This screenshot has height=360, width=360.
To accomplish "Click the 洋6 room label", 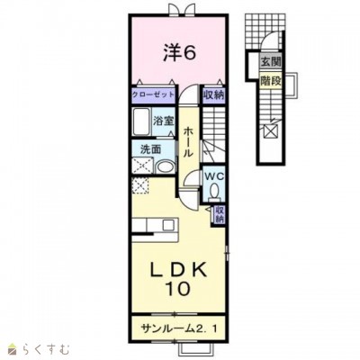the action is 180,53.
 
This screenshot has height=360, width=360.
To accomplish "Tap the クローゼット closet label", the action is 154,94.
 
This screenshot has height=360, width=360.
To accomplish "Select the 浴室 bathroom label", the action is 163,121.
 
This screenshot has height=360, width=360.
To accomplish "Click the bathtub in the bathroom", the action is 141,121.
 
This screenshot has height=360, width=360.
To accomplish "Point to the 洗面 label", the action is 151,149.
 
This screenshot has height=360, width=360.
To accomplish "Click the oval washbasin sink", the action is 166,167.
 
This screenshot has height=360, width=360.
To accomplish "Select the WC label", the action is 214,176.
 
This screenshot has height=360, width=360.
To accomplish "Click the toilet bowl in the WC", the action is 214,192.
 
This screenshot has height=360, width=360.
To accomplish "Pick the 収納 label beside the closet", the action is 214,95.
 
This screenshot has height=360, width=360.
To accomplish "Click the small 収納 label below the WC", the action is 220,214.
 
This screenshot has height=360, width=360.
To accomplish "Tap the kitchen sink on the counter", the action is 168,225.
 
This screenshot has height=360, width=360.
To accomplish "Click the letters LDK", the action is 179,270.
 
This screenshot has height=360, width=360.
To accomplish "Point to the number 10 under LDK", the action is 178,289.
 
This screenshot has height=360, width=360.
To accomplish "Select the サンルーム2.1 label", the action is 178,328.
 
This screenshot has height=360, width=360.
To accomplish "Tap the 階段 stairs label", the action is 271,81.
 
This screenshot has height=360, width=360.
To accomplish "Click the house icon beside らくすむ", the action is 13,349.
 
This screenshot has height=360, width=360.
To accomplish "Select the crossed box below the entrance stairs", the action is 270,131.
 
